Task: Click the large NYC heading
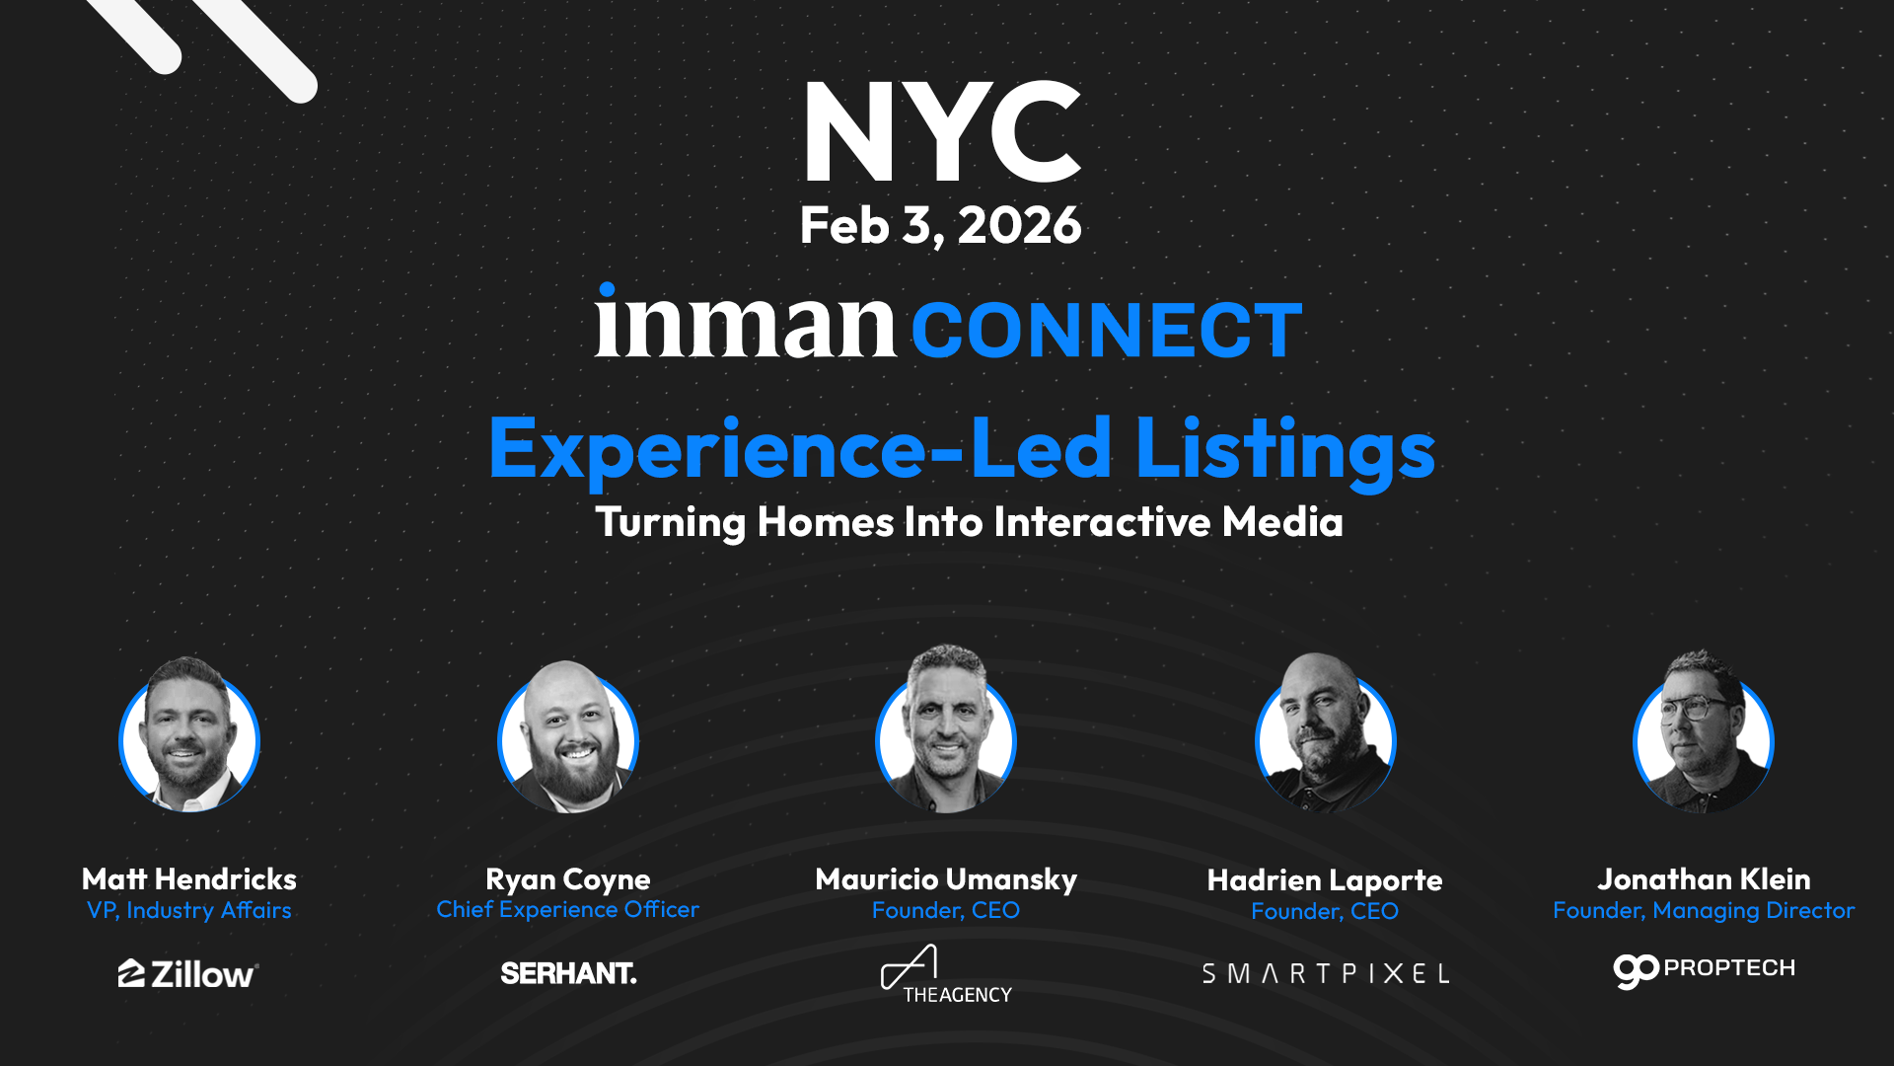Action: point(942,132)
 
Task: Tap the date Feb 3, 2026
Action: point(940,226)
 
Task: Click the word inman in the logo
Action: point(745,323)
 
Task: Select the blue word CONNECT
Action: point(1106,331)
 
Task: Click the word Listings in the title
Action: point(1284,449)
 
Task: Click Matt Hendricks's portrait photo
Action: point(189,735)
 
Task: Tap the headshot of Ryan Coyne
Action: point(568,738)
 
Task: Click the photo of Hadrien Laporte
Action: point(1325,735)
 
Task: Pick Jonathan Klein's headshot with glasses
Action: point(1704,733)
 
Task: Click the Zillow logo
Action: point(187,974)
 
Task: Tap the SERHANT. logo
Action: point(568,974)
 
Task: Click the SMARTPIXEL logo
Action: point(1325,974)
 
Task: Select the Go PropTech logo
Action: point(1704,970)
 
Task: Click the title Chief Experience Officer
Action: point(568,910)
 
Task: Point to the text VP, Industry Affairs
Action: point(189,911)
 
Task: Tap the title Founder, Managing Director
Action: point(1704,911)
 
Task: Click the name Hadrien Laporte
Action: point(1325,880)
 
